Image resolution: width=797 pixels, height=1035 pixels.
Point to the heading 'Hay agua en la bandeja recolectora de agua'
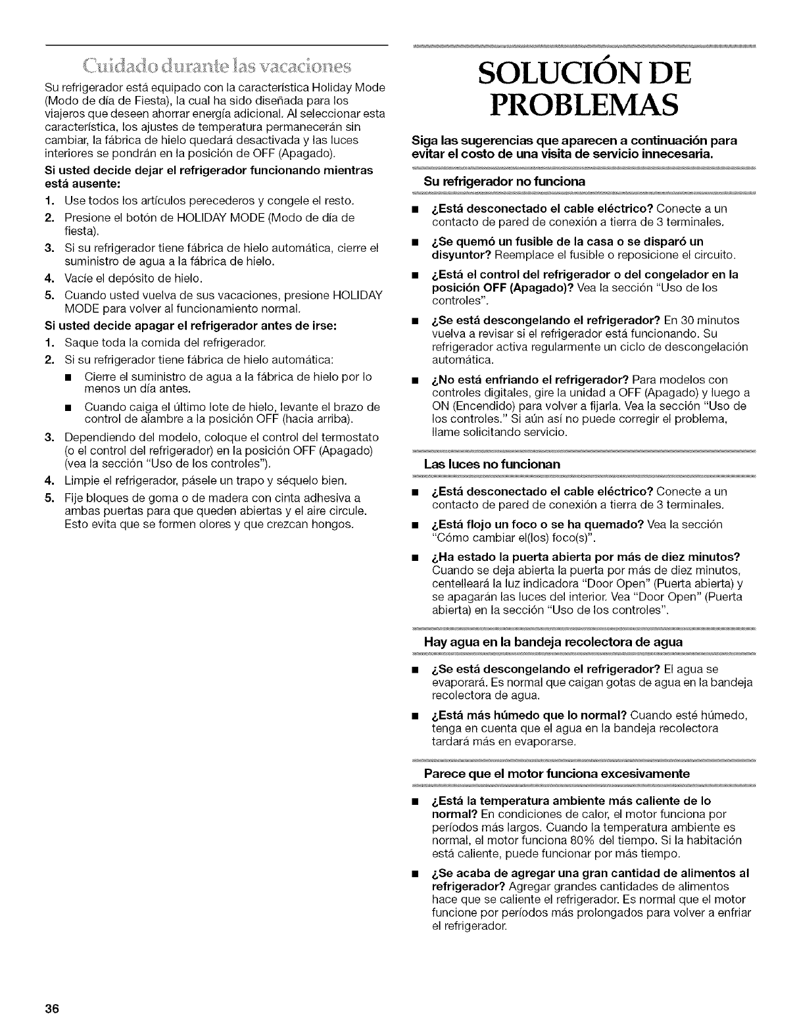coord(554,641)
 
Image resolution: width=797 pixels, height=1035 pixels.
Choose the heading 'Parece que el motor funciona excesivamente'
coord(557,773)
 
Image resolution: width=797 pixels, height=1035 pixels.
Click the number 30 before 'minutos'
coord(688,320)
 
